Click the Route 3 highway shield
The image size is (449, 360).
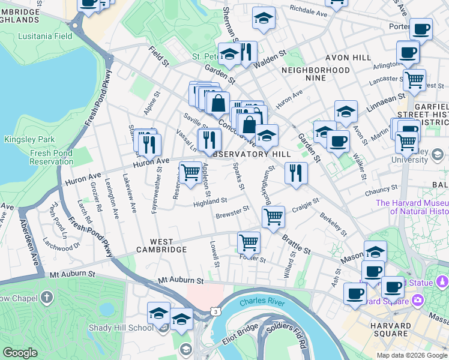(215, 311)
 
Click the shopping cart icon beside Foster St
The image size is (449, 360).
(249, 243)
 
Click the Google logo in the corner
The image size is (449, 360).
(20, 353)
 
